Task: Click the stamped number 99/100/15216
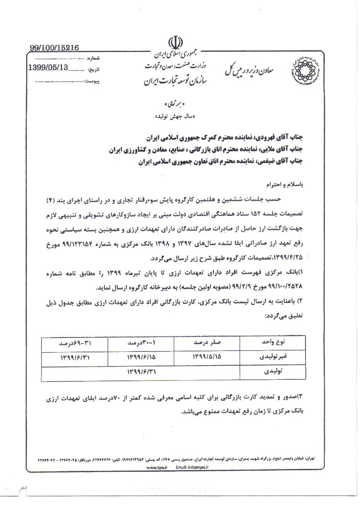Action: click(x=54, y=49)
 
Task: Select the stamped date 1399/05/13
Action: click(x=48, y=68)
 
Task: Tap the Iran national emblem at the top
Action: click(x=174, y=45)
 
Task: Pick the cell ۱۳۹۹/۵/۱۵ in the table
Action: click(x=207, y=357)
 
